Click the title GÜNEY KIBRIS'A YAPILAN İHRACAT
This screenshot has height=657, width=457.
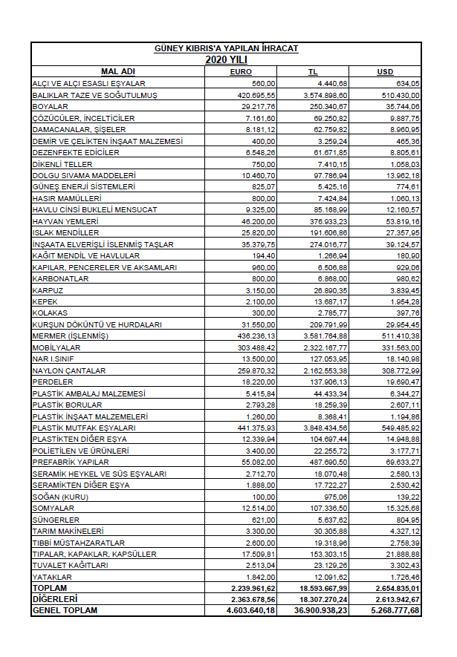click(x=226, y=48)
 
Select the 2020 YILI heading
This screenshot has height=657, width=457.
click(x=226, y=59)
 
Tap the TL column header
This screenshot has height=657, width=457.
click(x=313, y=71)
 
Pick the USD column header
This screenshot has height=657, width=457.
click(x=385, y=71)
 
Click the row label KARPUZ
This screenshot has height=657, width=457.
click(x=47, y=290)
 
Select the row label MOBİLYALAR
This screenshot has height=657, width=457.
click(x=56, y=347)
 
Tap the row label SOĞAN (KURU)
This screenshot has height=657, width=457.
click(x=58, y=497)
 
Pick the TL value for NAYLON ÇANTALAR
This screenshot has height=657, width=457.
click(x=326, y=370)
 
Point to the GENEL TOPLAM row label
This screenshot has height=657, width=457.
click(x=65, y=610)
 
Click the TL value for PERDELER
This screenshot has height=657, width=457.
click(x=330, y=382)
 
